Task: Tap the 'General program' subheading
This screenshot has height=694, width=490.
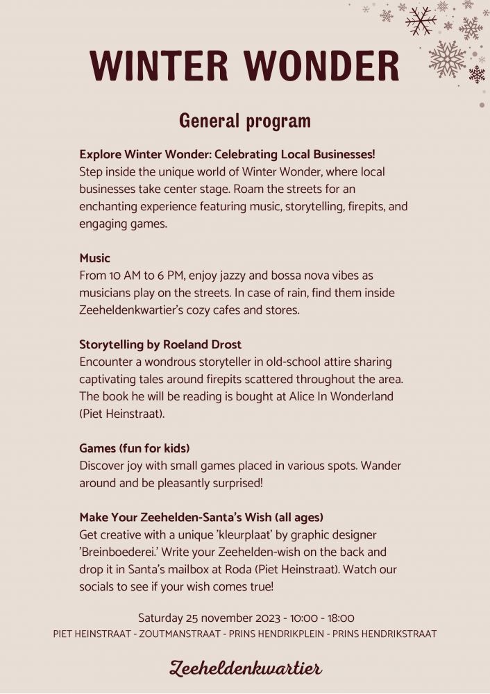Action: (245, 120)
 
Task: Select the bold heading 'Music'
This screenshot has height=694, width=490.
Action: (94, 258)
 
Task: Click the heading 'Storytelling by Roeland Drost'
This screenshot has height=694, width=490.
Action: (160, 345)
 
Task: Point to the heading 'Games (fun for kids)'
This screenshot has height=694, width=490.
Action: (135, 448)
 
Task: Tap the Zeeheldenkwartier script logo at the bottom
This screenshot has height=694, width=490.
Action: (245, 668)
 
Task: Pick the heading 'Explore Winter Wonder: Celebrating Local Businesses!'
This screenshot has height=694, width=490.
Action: (227, 154)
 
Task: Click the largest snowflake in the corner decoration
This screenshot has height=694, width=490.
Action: (447, 58)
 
